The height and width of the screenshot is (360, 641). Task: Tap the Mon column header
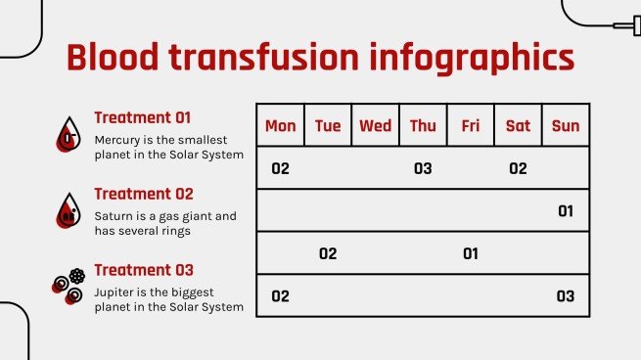[x=280, y=125]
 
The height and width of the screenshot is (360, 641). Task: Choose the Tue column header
[x=328, y=125]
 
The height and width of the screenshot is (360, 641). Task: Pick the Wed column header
[x=375, y=125]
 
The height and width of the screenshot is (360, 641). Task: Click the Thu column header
[x=423, y=125]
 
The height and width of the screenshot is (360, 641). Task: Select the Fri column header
[x=470, y=125]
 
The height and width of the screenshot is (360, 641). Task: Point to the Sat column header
[x=518, y=125]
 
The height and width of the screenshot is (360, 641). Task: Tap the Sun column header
[x=566, y=125]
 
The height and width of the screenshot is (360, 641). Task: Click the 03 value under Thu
[x=423, y=168]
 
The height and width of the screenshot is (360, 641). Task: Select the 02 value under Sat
[x=518, y=168]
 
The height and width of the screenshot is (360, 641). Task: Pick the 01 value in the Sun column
[x=566, y=210]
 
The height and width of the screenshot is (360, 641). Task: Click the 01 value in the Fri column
[x=470, y=253]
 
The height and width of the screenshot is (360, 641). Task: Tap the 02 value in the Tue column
[x=328, y=253]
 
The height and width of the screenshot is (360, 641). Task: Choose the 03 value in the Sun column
[x=566, y=295]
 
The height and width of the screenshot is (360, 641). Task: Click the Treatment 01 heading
[x=143, y=117]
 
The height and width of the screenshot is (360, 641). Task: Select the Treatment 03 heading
[x=144, y=270]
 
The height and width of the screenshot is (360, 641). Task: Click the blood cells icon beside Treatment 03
[x=69, y=285]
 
